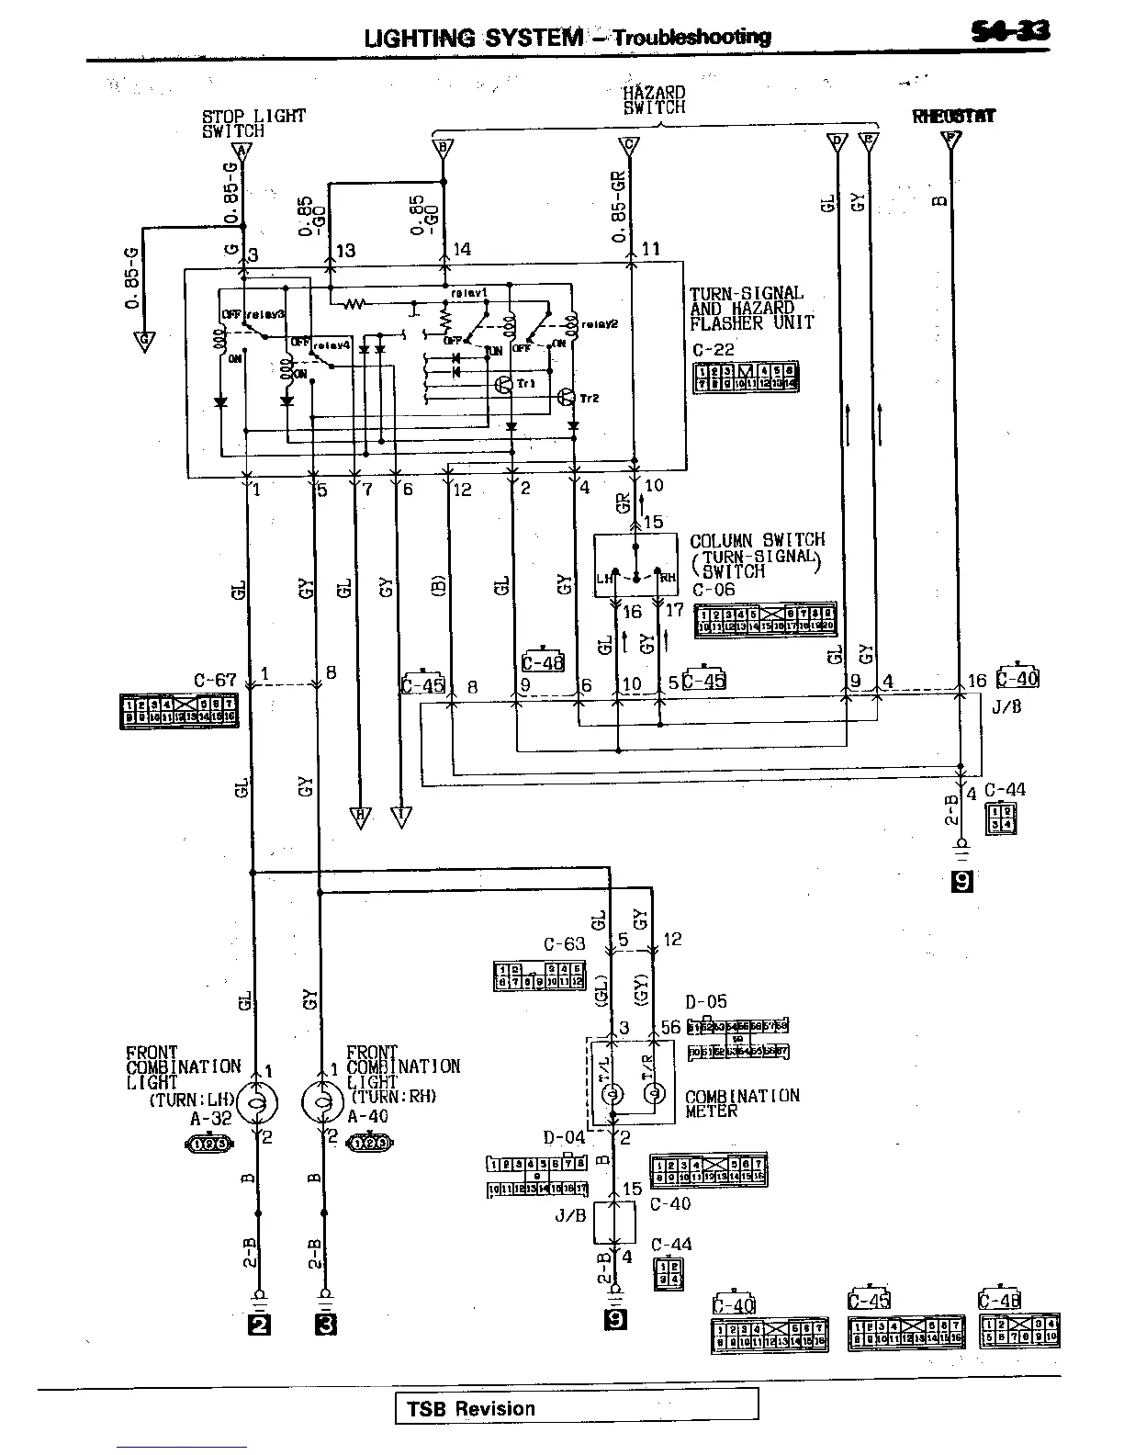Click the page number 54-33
pos(1011,32)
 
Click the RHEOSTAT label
pos(954,117)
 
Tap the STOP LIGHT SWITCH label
pos(253,123)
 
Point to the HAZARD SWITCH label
pos(654,99)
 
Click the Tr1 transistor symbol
pos(504,384)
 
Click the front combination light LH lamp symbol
pos(256,1102)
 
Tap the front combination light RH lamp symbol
pos(321,1102)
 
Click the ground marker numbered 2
pos(260,1324)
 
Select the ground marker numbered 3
pos(325,1324)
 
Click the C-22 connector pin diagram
pos(745,378)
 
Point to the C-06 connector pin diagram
pos(764,620)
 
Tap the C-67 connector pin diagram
pos(178,711)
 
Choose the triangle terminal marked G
pos(143,342)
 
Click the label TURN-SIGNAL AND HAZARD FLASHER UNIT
pos(751,308)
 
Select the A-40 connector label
pos(367,1117)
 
